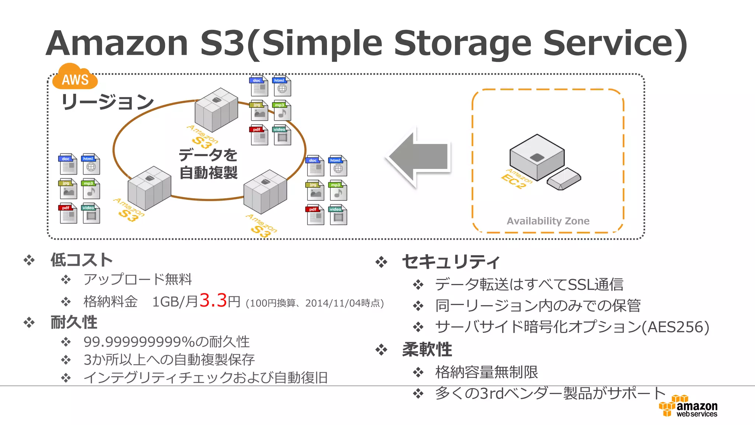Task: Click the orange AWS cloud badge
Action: [75, 77]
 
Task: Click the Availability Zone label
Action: [548, 221]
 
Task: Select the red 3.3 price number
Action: [213, 300]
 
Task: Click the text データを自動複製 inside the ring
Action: [208, 164]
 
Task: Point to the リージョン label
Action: [107, 102]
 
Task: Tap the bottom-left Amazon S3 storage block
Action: [149, 188]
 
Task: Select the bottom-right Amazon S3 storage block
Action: [265, 191]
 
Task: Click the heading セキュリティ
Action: [450, 262]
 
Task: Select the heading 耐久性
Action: [74, 322]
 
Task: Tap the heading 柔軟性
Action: [427, 349]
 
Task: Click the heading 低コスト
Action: [81, 260]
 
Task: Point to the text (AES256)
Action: [675, 327]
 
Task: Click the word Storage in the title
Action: [463, 43]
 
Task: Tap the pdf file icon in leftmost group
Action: [68, 213]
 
